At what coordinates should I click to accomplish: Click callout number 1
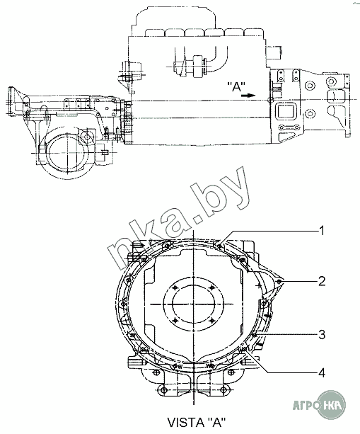tap(321, 231)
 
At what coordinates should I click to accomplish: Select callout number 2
tap(322, 281)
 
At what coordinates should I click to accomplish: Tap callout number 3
tap(322, 335)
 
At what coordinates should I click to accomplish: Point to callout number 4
tap(322, 372)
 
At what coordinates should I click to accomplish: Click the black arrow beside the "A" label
tap(248, 96)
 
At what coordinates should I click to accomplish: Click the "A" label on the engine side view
tap(236, 86)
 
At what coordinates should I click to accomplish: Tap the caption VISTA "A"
tap(197, 423)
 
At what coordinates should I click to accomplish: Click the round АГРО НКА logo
tap(331, 404)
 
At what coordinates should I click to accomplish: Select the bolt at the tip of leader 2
tap(279, 282)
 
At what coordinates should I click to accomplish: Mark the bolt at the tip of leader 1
tap(219, 245)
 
